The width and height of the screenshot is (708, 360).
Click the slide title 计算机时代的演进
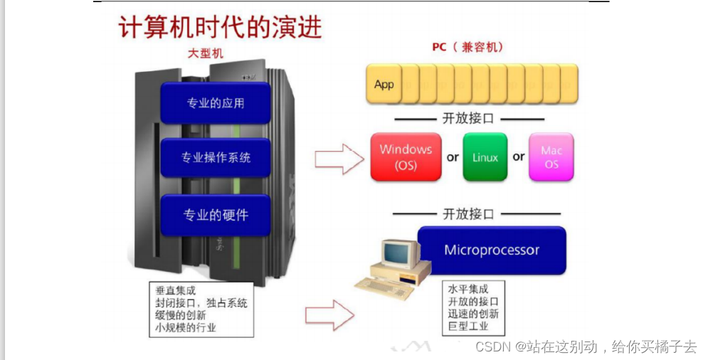pyautogui.click(x=219, y=26)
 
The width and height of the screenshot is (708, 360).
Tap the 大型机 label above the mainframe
pyautogui.click(x=206, y=53)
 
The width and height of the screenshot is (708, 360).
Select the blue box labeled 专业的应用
pyautogui.click(x=216, y=103)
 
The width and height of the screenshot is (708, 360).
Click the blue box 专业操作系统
pyautogui.click(x=216, y=157)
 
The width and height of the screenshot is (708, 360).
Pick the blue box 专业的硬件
pyautogui.click(x=216, y=214)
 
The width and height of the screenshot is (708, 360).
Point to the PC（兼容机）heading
pyautogui.click(x=467, y=48)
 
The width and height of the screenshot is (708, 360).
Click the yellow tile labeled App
pyautogui.click(x=384, y=84)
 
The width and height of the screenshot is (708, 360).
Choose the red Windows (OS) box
pyautogui.click(x=406, y=157)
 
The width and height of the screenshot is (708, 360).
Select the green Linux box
pyautogui.click(x=485, y=157)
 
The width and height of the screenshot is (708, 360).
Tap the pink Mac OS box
pyautogui.click(x=551, y=157)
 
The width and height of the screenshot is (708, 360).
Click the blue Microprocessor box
pyautogui.click(x=492, y=250)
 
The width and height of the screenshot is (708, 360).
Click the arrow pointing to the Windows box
pyautogui.click(x=339, y=158)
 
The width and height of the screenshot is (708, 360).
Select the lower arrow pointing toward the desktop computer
pyautogui.click(x=330, y=311)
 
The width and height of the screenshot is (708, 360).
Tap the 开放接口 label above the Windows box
pyautogui.click(x=468, y=119)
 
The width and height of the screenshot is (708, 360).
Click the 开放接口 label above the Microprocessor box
pyautogui.click(x=468, y=213)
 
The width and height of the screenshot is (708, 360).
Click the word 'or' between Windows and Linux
pyautogui.click(x=453, y=157)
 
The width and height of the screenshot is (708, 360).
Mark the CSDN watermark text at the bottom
pyautogui.click(x=586, y=347)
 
